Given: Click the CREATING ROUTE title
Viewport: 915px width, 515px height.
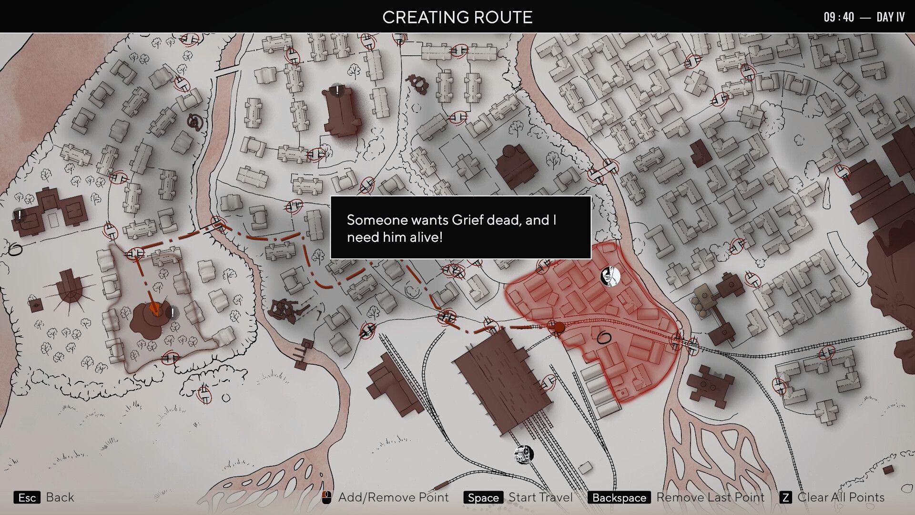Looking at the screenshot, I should [x=457, y=17].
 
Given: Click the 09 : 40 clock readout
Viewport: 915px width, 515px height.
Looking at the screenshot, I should [x=839, y=17].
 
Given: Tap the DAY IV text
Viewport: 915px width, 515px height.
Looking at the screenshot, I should [x=890, y=17].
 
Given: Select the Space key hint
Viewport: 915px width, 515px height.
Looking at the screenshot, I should [x=483, y=498].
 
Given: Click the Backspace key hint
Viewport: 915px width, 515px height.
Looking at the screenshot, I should [x=619, y=498].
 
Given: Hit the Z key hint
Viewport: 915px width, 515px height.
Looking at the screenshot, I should [x=785, y=498].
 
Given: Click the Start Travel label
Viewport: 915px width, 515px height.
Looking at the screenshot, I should [x=540, y=497].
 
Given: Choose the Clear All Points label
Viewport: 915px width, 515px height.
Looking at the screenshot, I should [x=841, y=497].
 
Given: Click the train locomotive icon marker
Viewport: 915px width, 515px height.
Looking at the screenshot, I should [x=524, y=454].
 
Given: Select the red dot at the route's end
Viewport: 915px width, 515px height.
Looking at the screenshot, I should [x=558, y=327].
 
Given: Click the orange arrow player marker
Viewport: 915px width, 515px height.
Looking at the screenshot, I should [x=153, y=309].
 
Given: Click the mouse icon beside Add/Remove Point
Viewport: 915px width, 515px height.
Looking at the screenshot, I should [x=326, y=497].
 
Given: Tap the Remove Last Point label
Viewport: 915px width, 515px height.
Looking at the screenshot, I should [x=710, y=497].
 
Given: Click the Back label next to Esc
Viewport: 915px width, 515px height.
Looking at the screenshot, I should [x=60, y=497].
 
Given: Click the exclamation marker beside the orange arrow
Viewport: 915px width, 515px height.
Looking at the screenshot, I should [x=172, y=313].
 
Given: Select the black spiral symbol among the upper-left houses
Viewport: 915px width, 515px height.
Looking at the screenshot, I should [x=194, y=122].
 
